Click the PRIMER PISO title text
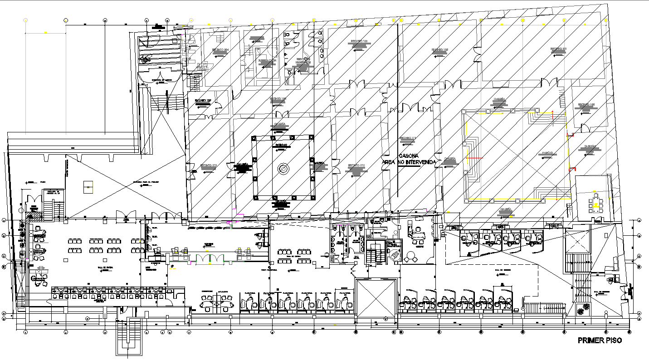tap(599, 341)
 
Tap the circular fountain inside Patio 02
tap(283, 169)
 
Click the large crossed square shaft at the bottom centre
tap(376, 298)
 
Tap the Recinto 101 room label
tap(559, 49)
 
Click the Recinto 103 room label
tap(358, 42)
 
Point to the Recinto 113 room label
tap(407, 138)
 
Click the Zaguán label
tap(589, 147)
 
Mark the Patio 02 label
tap(281, 145)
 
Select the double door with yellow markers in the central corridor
tap(210, 259)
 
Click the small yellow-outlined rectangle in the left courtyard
tap(88, 186)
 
